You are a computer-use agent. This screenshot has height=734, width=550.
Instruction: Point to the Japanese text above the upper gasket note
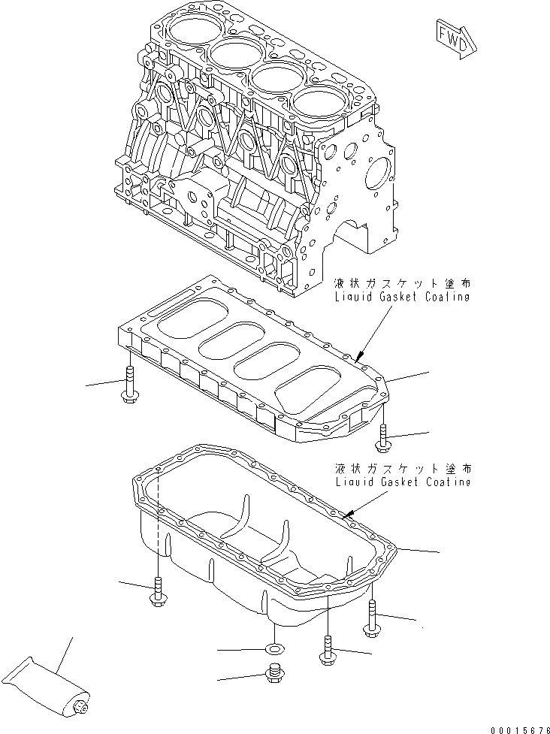click(x=404, y=285)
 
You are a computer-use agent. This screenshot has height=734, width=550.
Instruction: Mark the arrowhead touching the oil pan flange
click(x=346, y=515)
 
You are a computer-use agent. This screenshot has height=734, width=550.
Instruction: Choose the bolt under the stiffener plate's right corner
click(x=383, y=437)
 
